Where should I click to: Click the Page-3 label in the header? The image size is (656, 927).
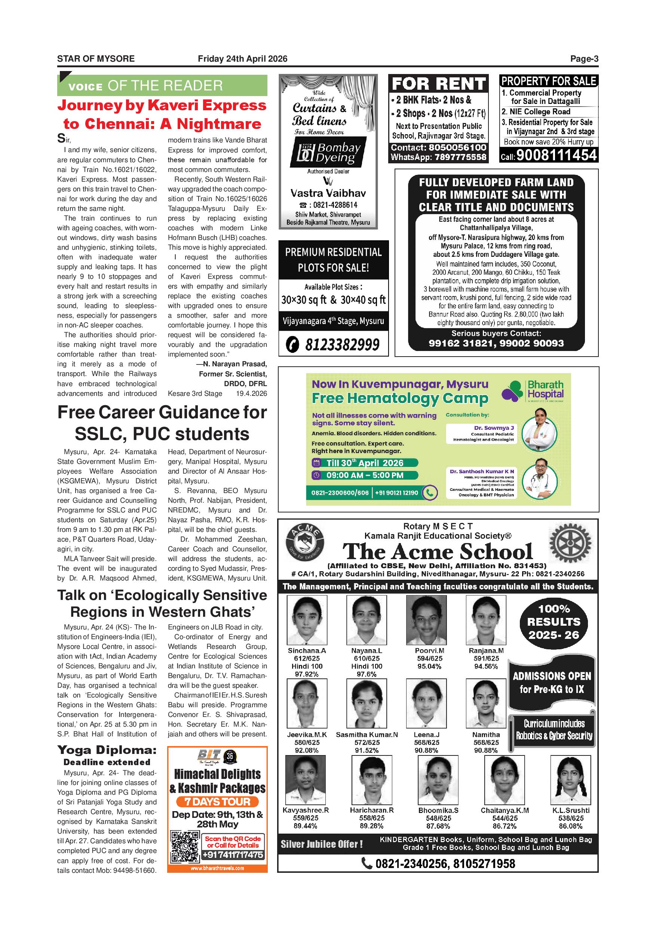tap(584, 59)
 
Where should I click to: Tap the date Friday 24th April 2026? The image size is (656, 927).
tap(242, 59)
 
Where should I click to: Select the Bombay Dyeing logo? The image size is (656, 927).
tap(328, 153)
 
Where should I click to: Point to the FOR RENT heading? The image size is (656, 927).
tap(438, 84)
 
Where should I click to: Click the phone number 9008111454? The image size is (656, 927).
tap(556, 155)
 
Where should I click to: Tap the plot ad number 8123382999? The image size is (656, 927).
tap(342, 345)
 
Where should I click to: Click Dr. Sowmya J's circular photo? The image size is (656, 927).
tap(539, 433)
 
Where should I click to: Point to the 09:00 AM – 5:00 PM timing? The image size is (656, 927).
tap(364, 475)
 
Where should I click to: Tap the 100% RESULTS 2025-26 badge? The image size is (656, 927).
tap(553, 622)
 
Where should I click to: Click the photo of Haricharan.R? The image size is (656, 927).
tap(372, 780)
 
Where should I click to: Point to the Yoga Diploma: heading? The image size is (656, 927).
tap(107, 750)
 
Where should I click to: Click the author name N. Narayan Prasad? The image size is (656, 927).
tap(234, 364)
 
